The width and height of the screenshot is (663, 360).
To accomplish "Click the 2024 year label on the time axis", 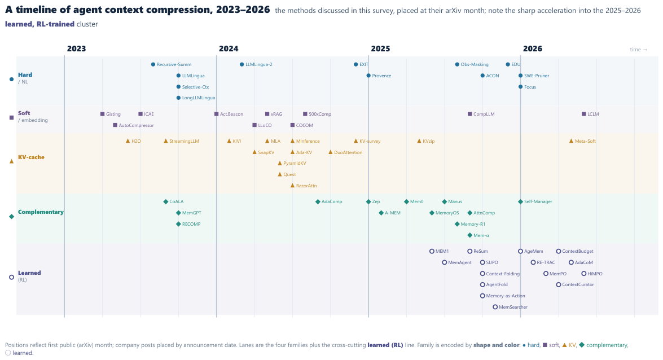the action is [229, 49].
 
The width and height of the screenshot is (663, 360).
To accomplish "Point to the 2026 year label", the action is [532, 49].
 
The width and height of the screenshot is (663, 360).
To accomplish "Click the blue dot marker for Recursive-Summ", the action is [153, 64].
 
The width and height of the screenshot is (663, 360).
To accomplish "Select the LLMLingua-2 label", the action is [259, 64].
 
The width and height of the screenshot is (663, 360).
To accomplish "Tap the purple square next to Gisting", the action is [102, 114].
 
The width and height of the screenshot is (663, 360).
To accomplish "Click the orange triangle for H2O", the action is [128, 141].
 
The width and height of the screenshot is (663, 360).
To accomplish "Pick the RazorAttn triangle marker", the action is [293, 185].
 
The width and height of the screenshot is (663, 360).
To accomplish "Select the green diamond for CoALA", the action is [166, 202].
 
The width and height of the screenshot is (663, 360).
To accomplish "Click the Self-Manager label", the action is [538, 202].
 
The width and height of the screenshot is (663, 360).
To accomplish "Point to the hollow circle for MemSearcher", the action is [495, 307].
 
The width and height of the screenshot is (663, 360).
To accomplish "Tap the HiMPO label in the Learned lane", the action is [595, 274].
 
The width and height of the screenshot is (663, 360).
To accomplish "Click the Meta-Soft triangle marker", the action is [571, 141].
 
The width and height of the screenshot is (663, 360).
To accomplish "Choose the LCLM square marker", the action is [584, 114].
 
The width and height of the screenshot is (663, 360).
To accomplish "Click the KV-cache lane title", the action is [31, 157].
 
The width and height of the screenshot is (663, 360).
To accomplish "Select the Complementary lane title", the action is [41, 212].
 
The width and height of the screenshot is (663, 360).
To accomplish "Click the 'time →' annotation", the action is [639, 50].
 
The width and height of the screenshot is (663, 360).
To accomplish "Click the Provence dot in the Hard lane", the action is [368, 76].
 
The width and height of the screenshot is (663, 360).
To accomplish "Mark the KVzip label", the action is [428, 141].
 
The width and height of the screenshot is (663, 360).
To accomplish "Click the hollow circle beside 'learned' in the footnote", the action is [8, 353].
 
